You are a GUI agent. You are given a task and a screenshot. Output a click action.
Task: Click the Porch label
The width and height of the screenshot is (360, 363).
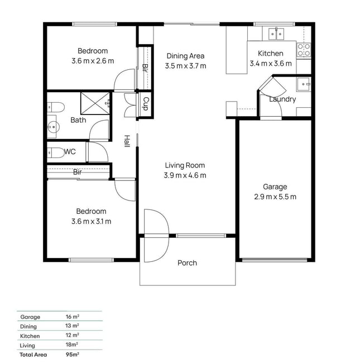pyautogui.click(x=187, y=263)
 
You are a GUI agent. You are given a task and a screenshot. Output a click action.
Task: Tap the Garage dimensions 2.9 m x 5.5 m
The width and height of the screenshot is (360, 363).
pyautogui.click(x=275, y=197)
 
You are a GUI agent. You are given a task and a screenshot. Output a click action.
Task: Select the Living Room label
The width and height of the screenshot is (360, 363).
pyautogui.click(x=185, y=165)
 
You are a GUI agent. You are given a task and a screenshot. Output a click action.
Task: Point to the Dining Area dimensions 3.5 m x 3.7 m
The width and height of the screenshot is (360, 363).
pyautogui.click(x=185, y=66)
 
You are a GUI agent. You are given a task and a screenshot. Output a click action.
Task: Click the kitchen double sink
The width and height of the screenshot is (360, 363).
pyautogui.click(x=276, y=34)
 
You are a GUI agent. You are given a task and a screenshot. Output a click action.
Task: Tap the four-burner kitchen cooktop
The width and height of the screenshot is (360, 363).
pyautogui.click(x=304, y=50)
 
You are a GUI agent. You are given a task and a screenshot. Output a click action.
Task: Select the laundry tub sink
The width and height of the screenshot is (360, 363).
pyautogui.click(x=304, y=84)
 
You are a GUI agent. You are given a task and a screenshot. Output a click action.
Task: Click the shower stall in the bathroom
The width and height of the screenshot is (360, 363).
pyautogui.click(x=95, y=103)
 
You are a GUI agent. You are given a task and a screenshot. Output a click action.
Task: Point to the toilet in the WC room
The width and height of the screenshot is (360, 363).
pyautogui.click(x=56, y=152)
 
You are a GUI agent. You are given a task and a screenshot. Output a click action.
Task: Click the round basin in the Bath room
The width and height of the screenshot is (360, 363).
pyautogui.click(x=53, y=127)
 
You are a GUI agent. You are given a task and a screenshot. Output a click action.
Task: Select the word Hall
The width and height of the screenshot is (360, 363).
pyautogui.click(x=127, y=141)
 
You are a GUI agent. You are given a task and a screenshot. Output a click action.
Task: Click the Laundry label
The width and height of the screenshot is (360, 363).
pyautogui.click(x=282, y=99)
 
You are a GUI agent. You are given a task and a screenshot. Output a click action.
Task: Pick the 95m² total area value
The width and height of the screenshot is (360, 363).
pyautogui.click(x=72, y=355)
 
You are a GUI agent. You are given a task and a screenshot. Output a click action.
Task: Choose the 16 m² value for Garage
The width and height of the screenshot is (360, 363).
pyautogui.click(x=72, y=317)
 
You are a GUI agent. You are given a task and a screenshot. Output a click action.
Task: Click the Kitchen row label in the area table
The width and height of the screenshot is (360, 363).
pyautogui.click(x=30, y=336)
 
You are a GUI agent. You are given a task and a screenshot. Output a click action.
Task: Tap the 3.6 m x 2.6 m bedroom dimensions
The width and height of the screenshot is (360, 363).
pyautogui.click(x=93, y=61)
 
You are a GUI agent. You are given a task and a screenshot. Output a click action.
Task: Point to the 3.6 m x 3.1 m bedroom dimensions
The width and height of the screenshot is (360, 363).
pyautogui.click(x=91, y=222)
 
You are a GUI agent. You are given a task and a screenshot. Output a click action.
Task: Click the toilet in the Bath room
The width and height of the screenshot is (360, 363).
pyautogui.click(x=56, y=107)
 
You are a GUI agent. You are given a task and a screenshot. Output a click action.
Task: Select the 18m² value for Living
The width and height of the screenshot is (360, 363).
pyautogui.click(x=71, y=345)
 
